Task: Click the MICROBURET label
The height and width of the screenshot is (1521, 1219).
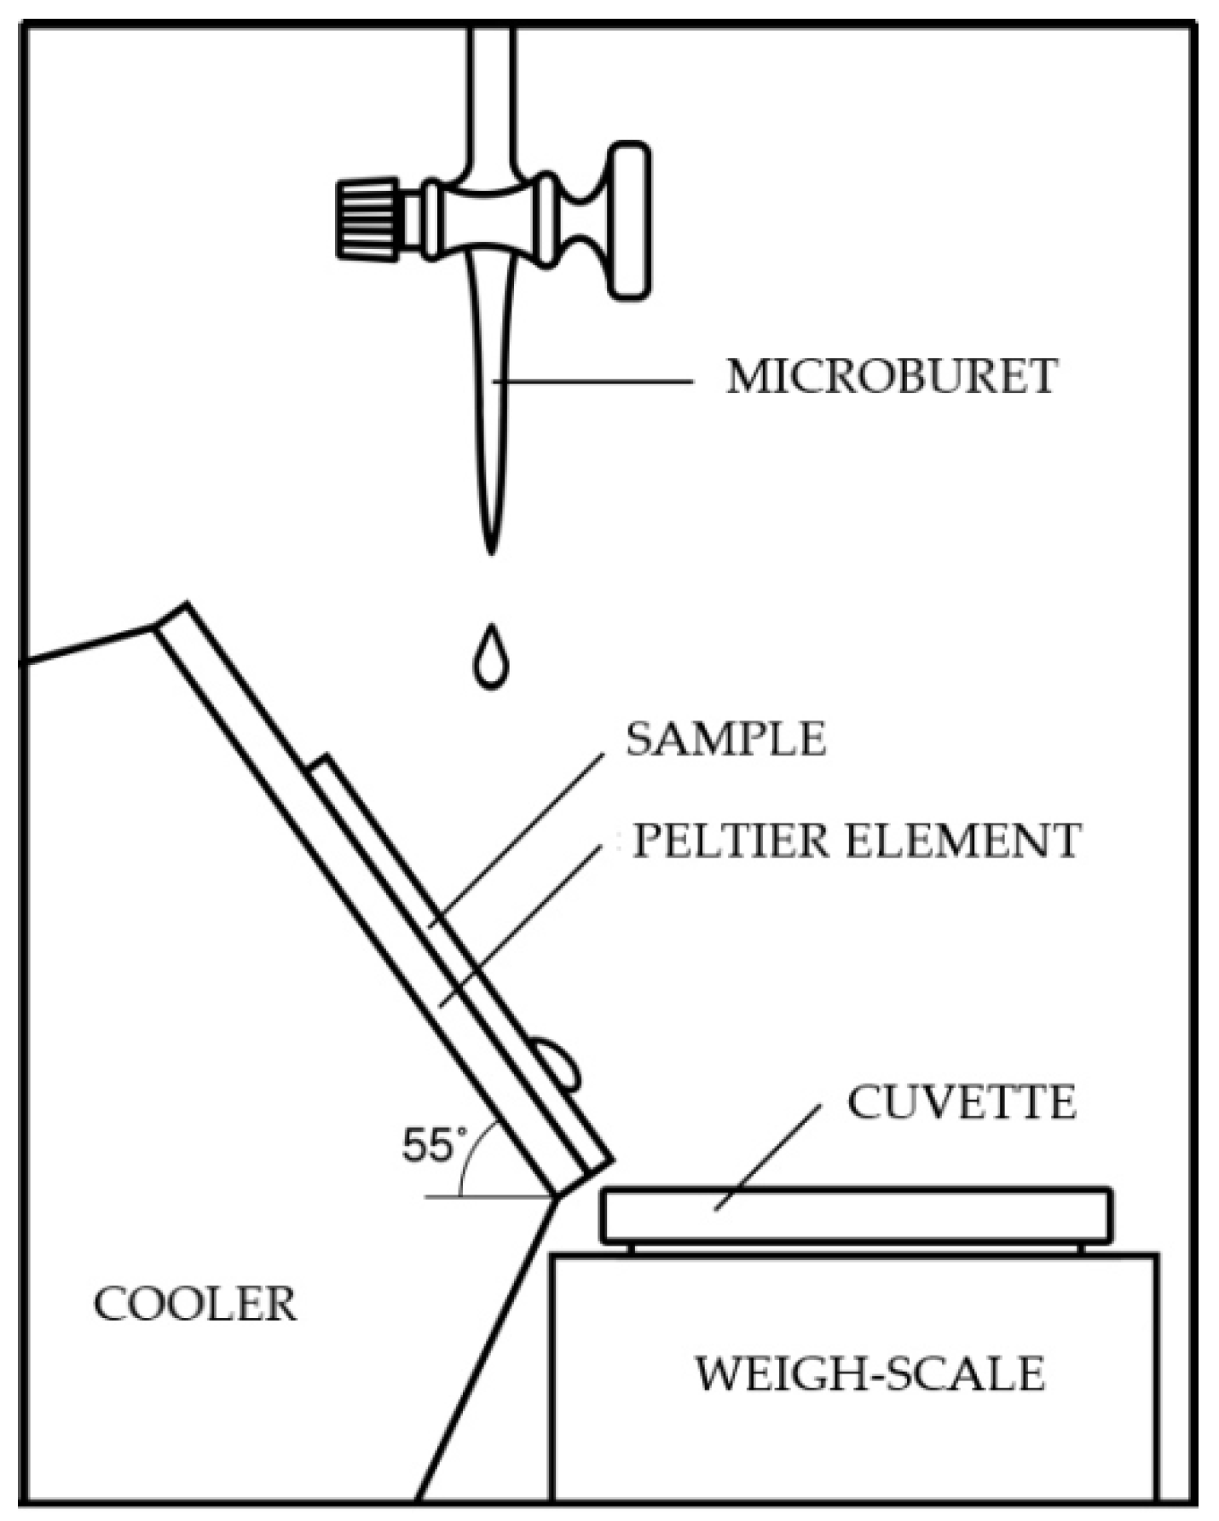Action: point(892,377)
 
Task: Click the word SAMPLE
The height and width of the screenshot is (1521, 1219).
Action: point(725,739)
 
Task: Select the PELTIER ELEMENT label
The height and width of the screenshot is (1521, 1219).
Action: point(856,841)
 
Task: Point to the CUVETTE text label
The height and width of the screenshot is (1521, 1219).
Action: point(961,1103)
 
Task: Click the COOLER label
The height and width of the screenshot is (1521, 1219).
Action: point(194,1305)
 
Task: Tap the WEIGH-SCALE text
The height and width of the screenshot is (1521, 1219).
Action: point(869,1374)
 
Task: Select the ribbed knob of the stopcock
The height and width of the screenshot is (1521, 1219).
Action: point(367,218)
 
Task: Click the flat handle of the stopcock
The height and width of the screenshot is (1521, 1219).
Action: point(628,220)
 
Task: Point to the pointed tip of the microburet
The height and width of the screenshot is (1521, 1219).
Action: point(490,546)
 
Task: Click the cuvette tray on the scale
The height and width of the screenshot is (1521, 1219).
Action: point(855,1215)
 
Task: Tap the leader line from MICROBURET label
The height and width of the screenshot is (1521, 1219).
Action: point(592,381)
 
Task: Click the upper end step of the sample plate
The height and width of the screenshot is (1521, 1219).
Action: point(318,761)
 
